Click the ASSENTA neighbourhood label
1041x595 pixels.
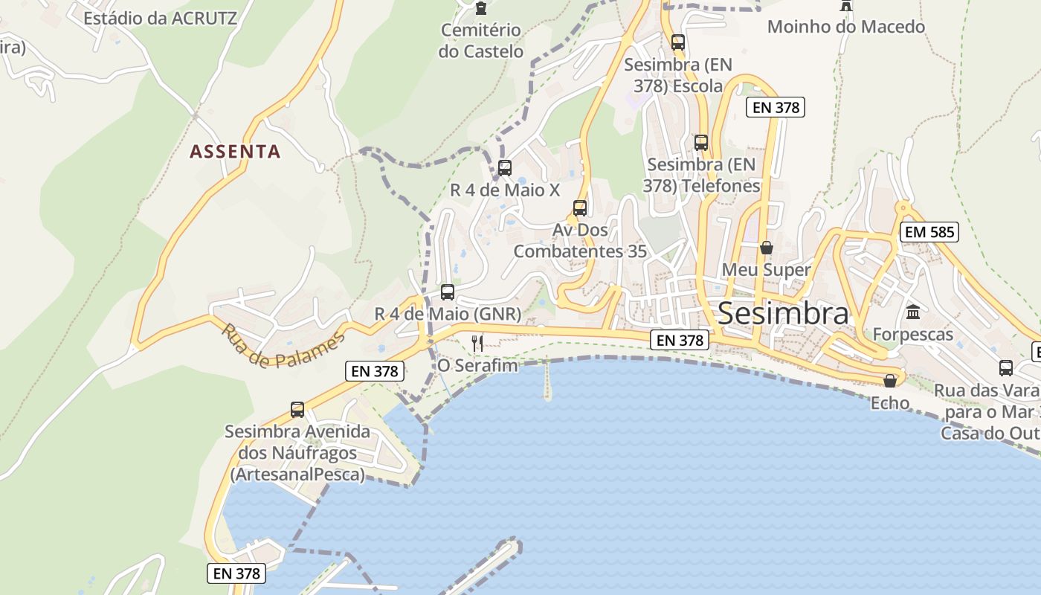click(235, 152)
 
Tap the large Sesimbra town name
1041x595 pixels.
click(783, 314)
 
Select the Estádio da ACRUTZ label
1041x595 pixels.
click(160, 18)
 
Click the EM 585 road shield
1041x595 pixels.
click(929, 232)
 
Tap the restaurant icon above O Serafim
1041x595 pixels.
click(477, 343)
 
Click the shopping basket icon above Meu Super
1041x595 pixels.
click(766, 248)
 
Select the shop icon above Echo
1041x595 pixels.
click(890, 381)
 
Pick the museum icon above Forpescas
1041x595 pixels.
click(913, 312)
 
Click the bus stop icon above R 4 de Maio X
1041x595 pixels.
click(505, 167)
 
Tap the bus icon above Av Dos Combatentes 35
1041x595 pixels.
click(580, 208)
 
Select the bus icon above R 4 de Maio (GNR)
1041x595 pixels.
click(447, 292)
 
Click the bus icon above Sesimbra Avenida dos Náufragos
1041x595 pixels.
click(297, 409)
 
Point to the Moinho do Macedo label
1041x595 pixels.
click(845, 27)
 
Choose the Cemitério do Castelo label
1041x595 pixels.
click(480, 41)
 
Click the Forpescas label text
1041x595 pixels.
click(912, 335)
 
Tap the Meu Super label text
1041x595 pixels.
click(766, 269)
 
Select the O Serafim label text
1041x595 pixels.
click(477, 365)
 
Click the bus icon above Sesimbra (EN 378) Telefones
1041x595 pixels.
click(701, 142)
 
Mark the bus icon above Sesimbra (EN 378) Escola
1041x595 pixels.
click(677, 42)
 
